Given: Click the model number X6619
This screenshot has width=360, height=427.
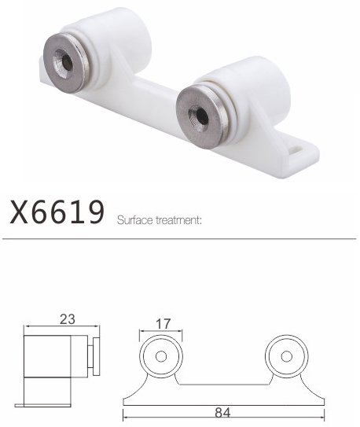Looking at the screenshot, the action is point(57,212).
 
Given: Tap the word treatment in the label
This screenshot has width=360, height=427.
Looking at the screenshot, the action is point(178,220).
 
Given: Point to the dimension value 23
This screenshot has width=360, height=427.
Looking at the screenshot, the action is point(68,319).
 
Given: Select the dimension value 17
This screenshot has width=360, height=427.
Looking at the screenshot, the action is point(163,323).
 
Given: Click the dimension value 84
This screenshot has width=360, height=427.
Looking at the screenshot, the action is point(222,413).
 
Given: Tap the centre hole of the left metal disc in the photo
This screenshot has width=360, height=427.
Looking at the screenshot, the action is point(67,63).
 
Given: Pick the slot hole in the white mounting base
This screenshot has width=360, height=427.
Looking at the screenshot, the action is point(297,149).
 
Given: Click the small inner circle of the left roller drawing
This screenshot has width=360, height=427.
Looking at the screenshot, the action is point(161,356).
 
